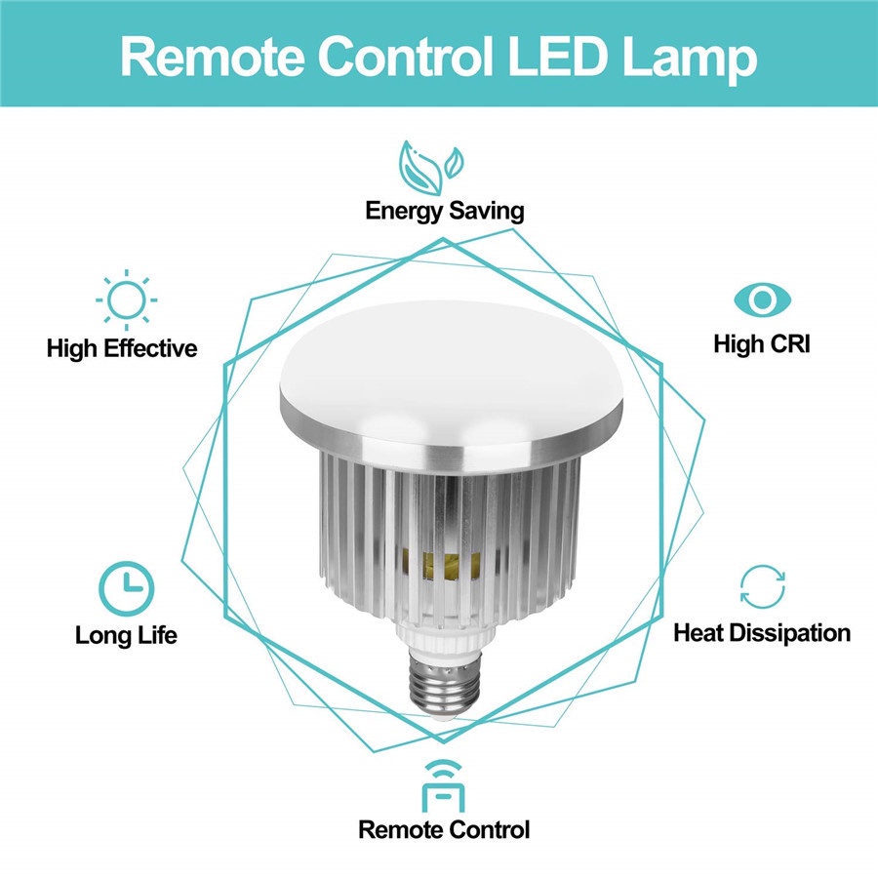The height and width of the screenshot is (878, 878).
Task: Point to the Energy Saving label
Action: [444, 210]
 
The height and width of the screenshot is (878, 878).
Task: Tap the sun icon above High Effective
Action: [126, 299]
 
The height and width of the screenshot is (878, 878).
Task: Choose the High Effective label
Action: [122, 348]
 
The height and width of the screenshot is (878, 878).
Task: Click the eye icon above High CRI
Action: [761, 298]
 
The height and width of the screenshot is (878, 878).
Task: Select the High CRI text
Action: [761, 344]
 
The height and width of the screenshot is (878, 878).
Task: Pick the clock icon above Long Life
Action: [127, 585]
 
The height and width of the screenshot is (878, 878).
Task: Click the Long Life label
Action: [127, 635]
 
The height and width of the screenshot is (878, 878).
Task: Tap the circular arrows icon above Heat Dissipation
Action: [761, 585]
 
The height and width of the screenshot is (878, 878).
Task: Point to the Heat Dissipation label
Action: [762, 633]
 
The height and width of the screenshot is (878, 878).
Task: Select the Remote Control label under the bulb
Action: [444, 830]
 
